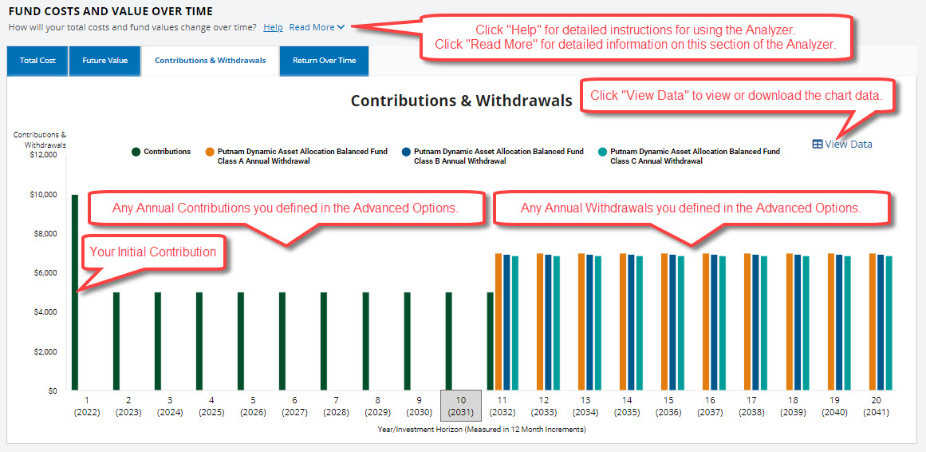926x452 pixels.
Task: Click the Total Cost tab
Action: (37, 61)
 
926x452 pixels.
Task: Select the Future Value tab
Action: (105, 61)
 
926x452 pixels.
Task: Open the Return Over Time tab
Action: (324, 61)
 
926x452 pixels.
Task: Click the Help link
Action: (273, 27)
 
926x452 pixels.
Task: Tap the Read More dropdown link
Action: (317, 27)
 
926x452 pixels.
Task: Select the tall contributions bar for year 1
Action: (75, 292)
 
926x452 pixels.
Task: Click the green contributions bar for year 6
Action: (282, 342)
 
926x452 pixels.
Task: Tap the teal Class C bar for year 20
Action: (889, 323)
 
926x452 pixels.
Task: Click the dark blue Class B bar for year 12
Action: (548, 323)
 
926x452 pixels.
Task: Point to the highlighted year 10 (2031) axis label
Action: (461, 405)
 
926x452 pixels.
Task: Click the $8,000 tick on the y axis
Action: (45, 234)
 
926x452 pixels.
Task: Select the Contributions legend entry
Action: (162, 152)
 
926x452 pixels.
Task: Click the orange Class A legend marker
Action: (210, 152)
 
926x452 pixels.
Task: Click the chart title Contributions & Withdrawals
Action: (461, 101)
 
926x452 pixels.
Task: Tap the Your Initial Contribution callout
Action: (152, 252)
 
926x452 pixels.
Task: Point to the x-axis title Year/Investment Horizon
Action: (481, 430)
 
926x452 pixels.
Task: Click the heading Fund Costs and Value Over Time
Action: (110, 11)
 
